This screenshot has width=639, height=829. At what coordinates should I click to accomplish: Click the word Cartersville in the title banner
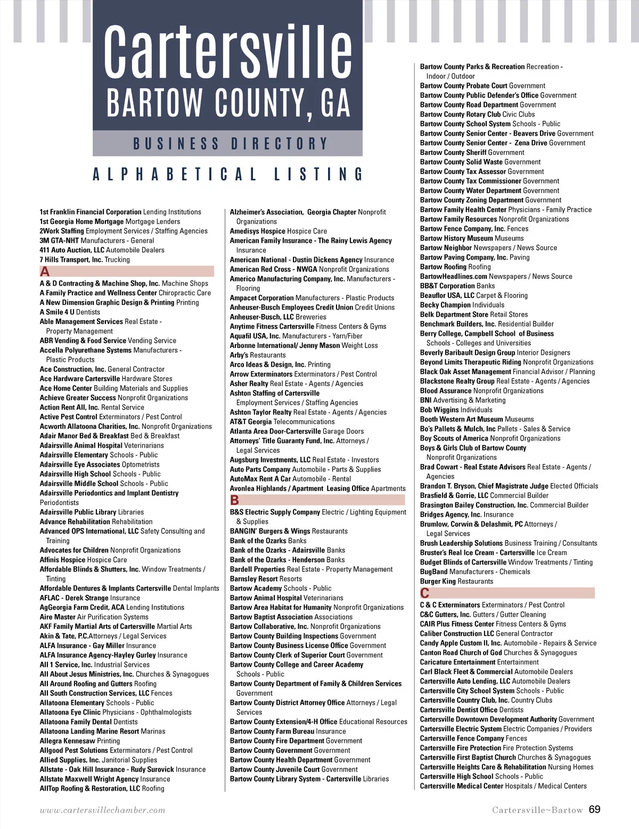point(228,52)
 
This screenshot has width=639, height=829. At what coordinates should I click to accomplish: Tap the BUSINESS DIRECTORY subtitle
point(230,144)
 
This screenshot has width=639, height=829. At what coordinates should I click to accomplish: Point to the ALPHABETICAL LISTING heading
point(228,175)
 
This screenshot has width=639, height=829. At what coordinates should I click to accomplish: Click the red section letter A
point(45,271)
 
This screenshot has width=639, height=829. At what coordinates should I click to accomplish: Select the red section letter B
point(235,500)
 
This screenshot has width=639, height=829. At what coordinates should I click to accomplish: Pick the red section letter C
point(424,593)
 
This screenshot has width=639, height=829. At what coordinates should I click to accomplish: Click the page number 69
point(594,809)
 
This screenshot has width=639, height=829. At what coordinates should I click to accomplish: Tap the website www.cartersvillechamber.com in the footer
point(102,810)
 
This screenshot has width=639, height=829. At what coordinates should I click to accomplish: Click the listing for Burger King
point(456,581)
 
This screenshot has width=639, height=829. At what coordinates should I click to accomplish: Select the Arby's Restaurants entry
point(258,355)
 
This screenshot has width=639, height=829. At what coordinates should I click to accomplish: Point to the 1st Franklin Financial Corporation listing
point(120,212)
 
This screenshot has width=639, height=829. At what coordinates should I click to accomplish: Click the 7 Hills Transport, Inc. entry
point(85,260)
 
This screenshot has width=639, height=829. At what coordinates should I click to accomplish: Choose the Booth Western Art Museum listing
point(477,419)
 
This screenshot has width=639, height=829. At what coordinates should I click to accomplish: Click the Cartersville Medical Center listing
point(503,786)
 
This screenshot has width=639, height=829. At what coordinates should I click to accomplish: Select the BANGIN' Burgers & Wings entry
point(289,531)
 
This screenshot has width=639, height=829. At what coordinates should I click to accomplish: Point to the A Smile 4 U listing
point(70,312)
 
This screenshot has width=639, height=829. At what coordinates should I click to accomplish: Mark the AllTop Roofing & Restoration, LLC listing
point(102,789)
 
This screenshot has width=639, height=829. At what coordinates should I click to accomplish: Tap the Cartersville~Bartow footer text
point(537,810)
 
